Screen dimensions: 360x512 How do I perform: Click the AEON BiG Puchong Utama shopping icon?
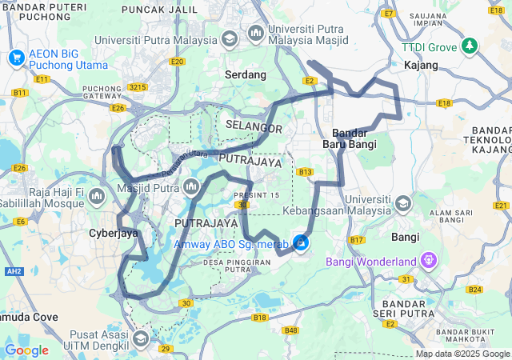pyautogui.click(x=16, y=58)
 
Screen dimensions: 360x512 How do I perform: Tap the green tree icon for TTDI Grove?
pyautogui.click(x=470, y=46)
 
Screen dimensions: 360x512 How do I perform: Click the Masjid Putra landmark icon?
pyautogui.click(x=190, y=188)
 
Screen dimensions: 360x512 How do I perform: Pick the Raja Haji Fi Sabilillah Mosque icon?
pyautogui.click(x=97, y=196)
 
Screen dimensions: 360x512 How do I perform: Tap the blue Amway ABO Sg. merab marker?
pyautogui.click(x=301, y=242)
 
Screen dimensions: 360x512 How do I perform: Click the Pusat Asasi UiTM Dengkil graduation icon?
pyautogui.click(x=141, y=338)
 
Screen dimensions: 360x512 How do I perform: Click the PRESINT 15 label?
pyautogui.click(x=257, y=195)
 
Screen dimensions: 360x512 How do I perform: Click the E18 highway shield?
pyautogui.click(x=445, y=103)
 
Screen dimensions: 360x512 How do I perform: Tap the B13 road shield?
pyautogui.click(x=304, y=172)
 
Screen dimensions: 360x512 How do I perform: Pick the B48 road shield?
pyautogui.click(x=290, y=330)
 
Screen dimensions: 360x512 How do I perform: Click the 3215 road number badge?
pyautogui.click(x=138, y=86)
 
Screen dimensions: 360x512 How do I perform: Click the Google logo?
pyautogui.click(x=26, y=350)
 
